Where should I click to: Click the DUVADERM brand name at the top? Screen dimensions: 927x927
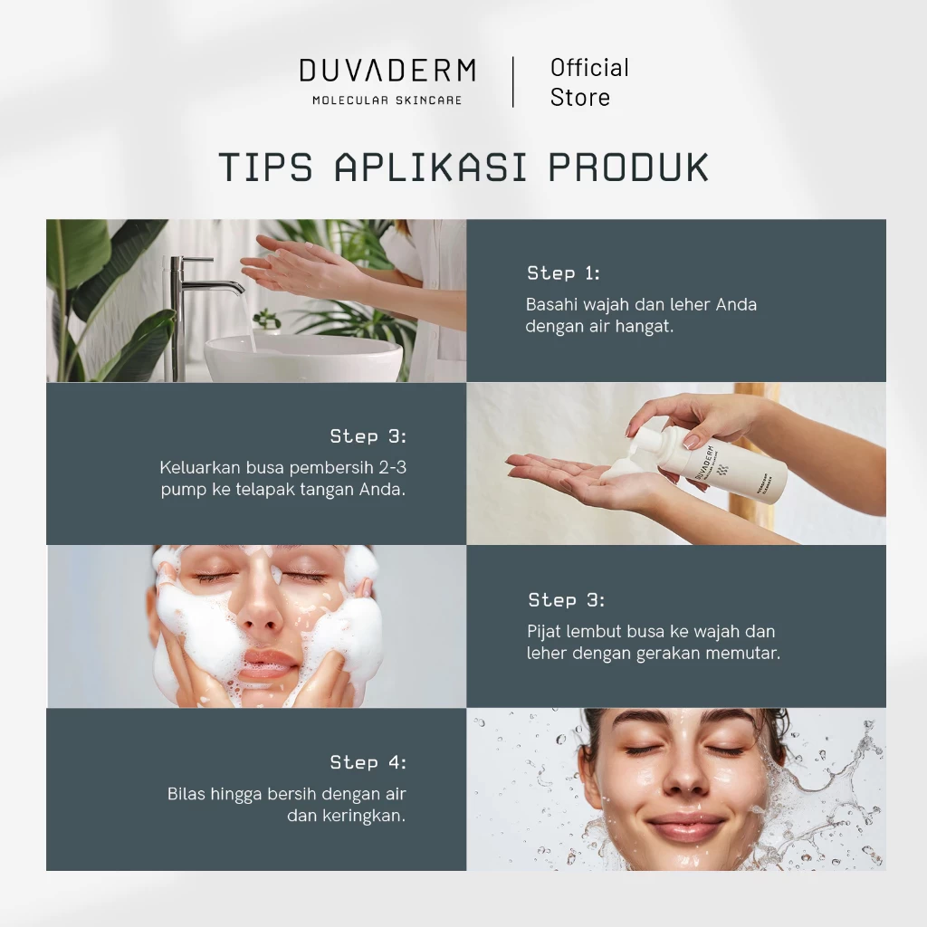click(387, 71)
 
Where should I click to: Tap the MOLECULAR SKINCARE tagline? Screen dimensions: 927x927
click(387, 100)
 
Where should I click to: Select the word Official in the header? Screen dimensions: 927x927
click(589, 68)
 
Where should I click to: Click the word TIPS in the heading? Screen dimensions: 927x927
click(265, 167)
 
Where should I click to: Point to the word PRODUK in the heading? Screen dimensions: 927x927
click(628, 167)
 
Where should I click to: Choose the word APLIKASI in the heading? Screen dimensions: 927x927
click(430, 167)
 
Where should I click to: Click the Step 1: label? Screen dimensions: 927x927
click(563, 273)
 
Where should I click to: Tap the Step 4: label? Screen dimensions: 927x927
click(368, 762)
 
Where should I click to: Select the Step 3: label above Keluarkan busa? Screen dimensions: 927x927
click(368, 436)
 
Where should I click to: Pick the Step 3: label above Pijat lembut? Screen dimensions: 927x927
click(567, 600)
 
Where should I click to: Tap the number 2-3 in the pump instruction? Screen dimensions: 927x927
click(393, 468)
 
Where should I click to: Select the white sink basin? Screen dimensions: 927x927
click(303, 357)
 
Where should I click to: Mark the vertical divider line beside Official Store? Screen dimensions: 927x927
click(513, 82)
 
